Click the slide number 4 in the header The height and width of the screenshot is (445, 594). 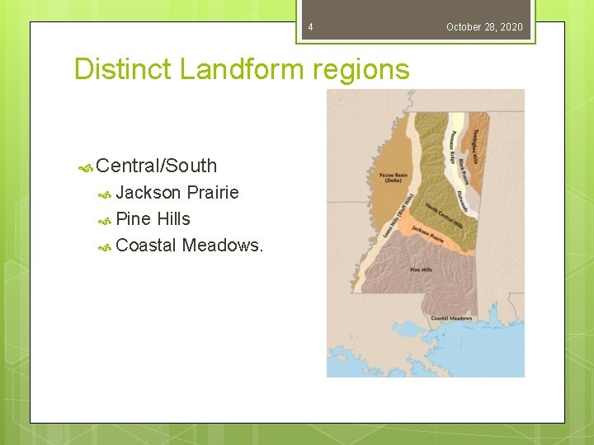pos(310,27)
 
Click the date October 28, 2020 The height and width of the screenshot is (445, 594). pos(484,27)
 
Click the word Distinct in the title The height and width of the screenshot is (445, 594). pos(123,69)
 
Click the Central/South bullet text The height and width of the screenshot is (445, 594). pos(156,166)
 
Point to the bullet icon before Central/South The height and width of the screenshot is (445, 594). pos(85,166)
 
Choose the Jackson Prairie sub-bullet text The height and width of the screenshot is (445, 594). pos(177,193)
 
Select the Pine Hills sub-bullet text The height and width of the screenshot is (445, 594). pos(153,219)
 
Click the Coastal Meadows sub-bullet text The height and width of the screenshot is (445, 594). pos(190,246)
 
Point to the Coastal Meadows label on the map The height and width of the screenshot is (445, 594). pos(450,318)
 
